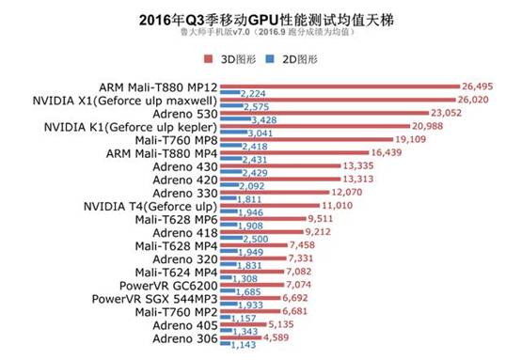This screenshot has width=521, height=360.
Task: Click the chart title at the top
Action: tap(260, 18)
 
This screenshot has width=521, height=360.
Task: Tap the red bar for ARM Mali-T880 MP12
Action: tap(339, 87)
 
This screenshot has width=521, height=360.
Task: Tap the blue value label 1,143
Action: tap(245, 345)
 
